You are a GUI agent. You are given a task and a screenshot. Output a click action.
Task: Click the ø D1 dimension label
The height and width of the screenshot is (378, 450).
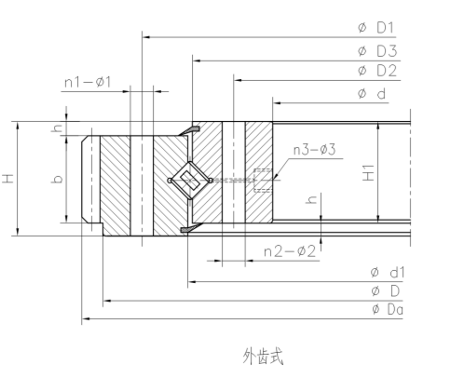(376, 29)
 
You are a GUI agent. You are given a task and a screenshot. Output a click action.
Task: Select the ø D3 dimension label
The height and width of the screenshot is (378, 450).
(376, 50)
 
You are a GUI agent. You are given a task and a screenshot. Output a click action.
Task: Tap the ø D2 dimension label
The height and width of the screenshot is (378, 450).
(376, 71)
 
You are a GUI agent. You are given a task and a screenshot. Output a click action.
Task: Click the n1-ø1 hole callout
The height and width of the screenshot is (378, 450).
(88, 83)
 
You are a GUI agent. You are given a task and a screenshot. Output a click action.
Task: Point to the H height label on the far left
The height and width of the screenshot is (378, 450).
(8, 177)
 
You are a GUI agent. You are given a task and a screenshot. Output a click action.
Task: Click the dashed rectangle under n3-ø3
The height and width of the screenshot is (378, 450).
(264, 179)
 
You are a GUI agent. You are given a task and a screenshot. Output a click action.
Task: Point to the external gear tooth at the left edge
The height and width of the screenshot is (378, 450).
(89, 178)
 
